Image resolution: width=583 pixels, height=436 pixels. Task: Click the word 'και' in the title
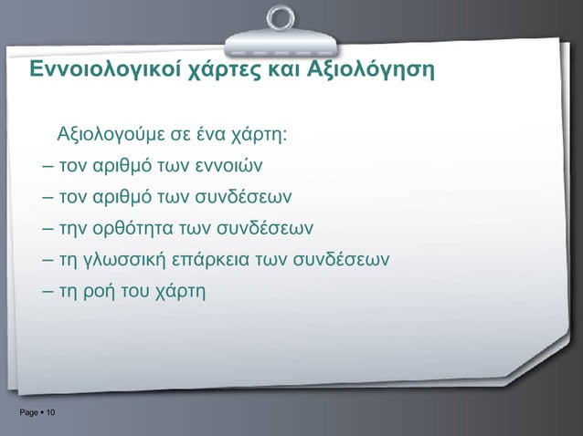[284, 70]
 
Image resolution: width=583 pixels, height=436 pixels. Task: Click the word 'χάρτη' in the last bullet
[184, 292]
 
